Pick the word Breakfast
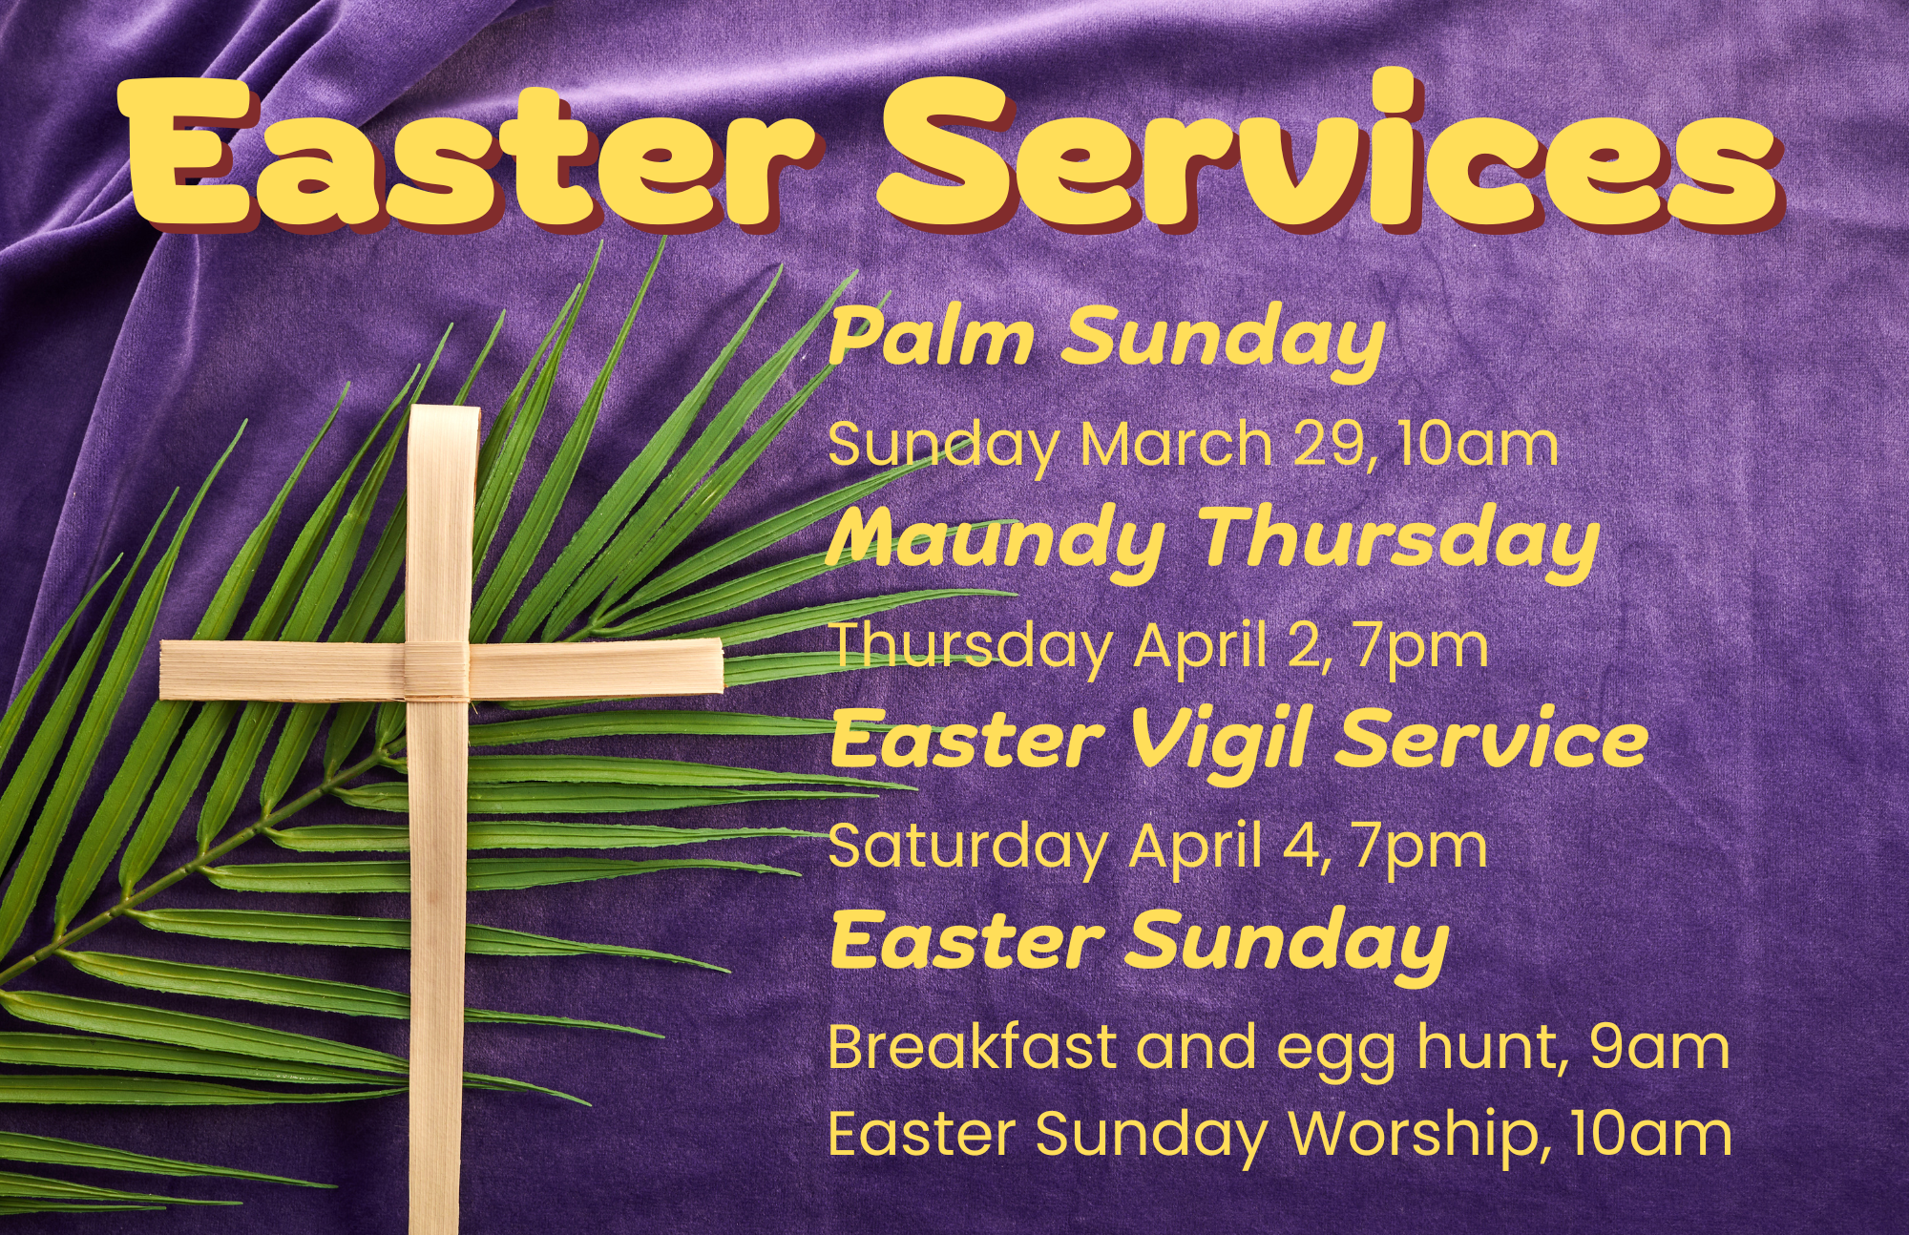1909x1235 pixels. click(972, 1047)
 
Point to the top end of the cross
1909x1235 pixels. click(444, 408)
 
